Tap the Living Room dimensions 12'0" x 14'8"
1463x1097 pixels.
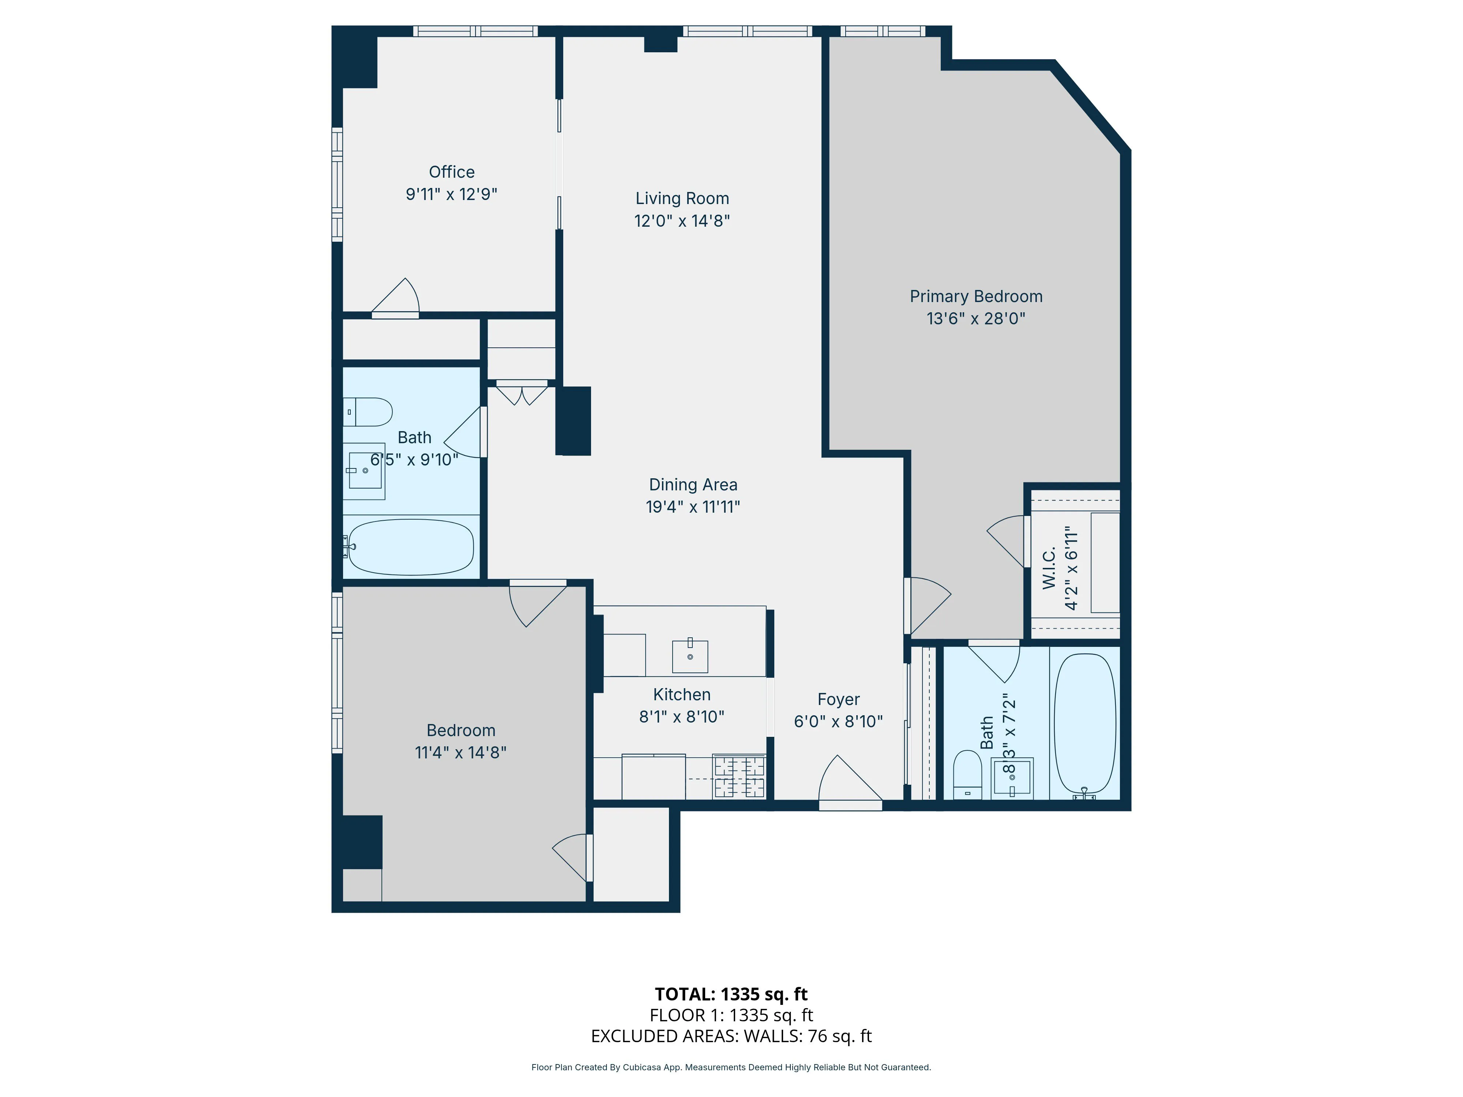(x=682, y=221)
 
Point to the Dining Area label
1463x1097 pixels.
(x=692, y=485)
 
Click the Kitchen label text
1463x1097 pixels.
(x=681, y=694)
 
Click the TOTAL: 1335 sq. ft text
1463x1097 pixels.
(x=731, y=994)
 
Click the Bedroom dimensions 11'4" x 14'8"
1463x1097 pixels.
(x=460, y=753)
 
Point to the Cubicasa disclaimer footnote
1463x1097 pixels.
(x=731, y=1067)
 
